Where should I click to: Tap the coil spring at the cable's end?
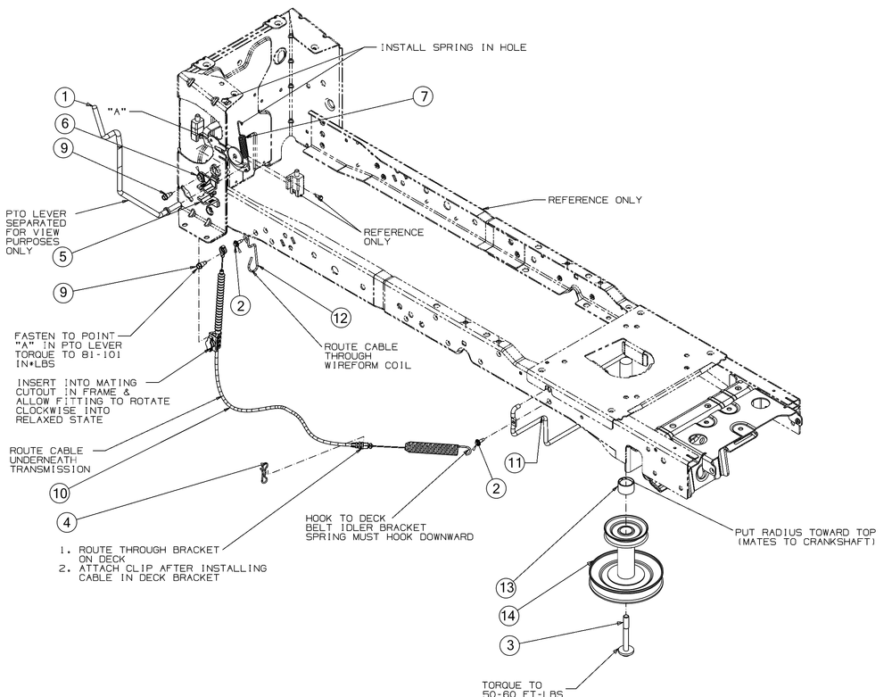434,447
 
